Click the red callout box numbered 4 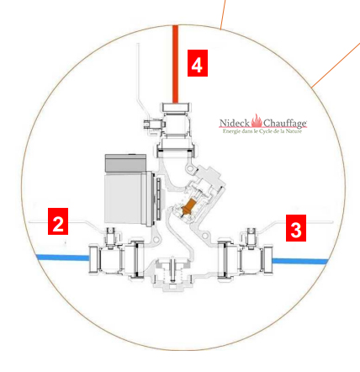tap(198, 63)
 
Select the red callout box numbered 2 tap(58, 221)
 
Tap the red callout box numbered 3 tap(296, 228)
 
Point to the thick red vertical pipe tap(175, 64)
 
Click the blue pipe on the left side tap(63, 258)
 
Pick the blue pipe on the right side tap(300, 261)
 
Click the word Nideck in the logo tap(235, 123)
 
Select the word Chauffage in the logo tap(285, 124)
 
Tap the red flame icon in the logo tap(257, 120)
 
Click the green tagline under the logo tap(262, 131)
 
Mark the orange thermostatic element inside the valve tap(188, 208)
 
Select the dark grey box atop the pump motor tap(125, 163)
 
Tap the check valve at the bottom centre tap(172, 274)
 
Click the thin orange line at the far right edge tap(336, 65)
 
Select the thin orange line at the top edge tap(223, 14)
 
